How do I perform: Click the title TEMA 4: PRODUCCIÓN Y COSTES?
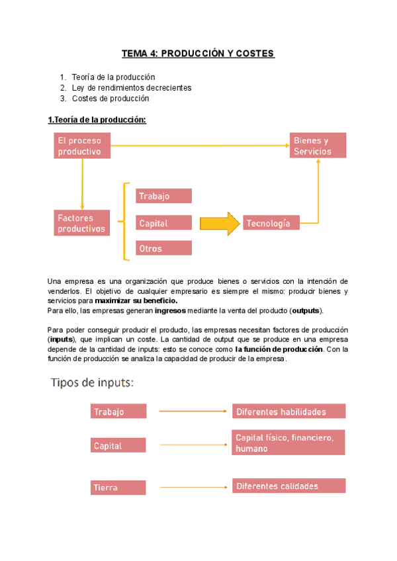(198, 53)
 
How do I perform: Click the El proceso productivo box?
(82, 146)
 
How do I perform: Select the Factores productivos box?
(82, 224)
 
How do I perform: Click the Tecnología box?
(271, 224)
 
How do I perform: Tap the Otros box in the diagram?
(164, 248)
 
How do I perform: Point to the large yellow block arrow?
(219, 223)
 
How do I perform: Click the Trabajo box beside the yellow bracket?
(164, 196)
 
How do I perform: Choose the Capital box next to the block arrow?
(164, 223)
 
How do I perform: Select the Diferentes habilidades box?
(288, 411)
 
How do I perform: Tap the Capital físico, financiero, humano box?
(288, 443)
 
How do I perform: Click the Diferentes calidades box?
(288, 486)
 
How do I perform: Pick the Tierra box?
(118, 488)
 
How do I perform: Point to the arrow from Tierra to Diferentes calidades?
(189, 487)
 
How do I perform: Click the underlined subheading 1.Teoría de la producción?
(97, 119)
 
